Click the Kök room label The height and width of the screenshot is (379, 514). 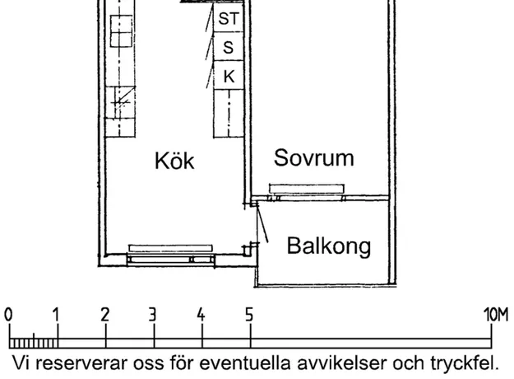174,161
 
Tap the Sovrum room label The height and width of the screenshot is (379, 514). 313,157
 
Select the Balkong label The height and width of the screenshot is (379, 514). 329,246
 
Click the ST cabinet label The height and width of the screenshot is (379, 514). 229,18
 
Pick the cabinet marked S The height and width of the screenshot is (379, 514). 229,47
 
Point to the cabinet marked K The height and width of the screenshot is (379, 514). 229,76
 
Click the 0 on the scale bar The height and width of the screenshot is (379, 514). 8,315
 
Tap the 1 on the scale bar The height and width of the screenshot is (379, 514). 57,315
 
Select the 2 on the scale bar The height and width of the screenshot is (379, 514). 105,315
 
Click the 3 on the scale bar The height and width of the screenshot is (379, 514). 153,315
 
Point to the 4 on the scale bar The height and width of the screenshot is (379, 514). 201,315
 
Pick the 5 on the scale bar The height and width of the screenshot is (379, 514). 249,315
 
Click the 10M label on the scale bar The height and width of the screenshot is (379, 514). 496,315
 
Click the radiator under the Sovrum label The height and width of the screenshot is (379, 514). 307,189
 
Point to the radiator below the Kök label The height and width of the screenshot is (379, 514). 170,248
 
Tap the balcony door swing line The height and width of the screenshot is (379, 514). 262,222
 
